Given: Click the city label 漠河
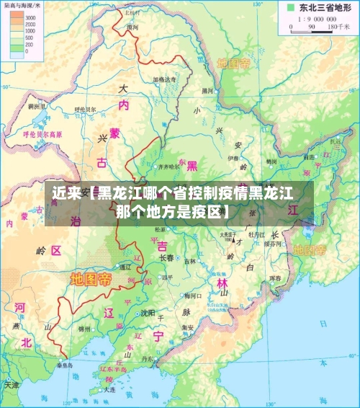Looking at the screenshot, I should (132, 27).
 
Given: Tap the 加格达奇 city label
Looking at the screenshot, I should (164, 79).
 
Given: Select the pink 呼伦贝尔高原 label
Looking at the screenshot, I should (42, 134).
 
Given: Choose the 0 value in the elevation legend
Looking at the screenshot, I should (27, 52).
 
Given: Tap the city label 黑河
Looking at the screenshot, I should (207, 91).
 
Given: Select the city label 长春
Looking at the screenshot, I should (166, 257).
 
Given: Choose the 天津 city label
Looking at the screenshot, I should (12, 384).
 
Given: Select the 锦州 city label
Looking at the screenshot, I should (84, 329).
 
